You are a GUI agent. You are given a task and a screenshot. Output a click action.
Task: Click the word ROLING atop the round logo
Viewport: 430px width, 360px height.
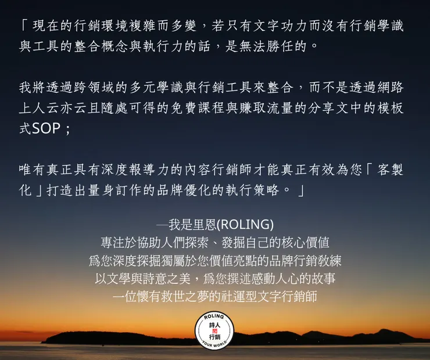[214, 317]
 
